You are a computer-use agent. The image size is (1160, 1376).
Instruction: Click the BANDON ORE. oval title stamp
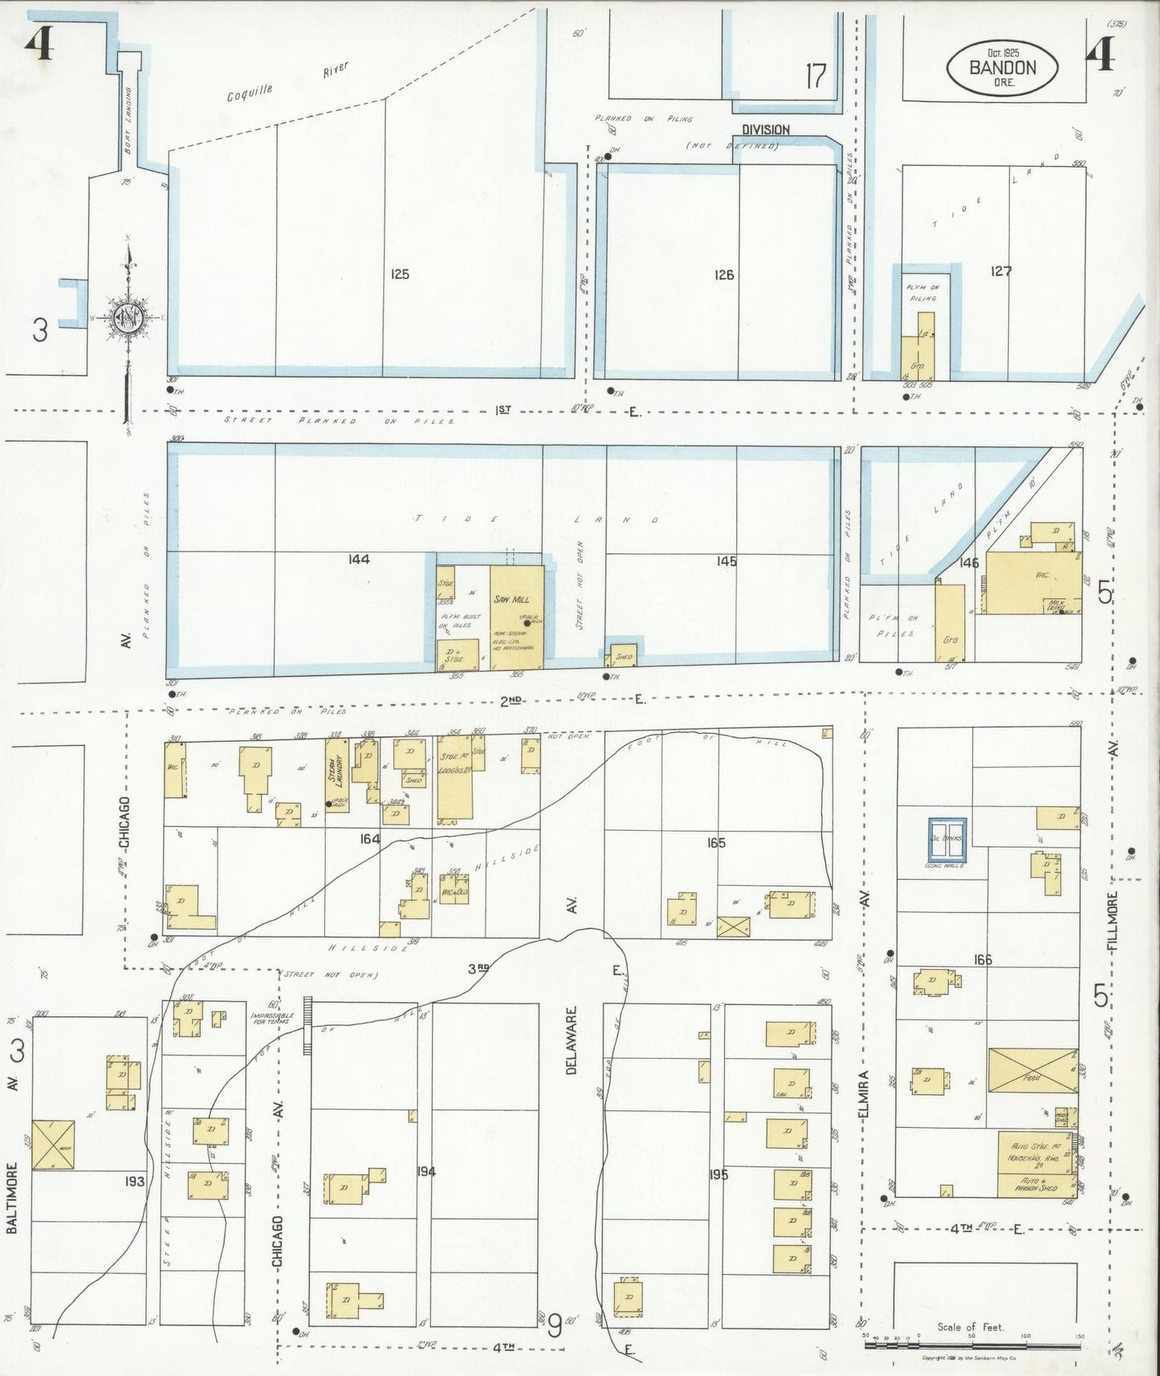click(1002, 68)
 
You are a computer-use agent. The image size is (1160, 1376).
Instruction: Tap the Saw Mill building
click(516, 617)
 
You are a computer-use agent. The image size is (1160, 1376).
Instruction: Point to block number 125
click(399, 275)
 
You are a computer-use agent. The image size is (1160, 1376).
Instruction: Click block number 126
click(724, 275)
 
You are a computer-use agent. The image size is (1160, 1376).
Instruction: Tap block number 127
click(1000, 271)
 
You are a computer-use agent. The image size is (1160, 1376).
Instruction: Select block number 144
click(359, 559)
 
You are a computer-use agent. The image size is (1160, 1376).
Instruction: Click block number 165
click(716, 842)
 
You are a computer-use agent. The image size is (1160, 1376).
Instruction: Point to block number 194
click(425, 1171)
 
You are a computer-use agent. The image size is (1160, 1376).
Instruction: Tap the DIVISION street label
click(765, 129)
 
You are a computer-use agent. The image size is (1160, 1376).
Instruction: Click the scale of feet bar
click(974, 1344)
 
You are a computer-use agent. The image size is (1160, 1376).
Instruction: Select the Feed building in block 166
click(1032, 1070)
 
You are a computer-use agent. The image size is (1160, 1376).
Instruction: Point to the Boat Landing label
click(128, 120)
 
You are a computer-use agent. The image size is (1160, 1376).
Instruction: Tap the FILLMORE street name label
click(1113, 921)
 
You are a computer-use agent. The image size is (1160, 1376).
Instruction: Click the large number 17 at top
click(816, 76)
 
